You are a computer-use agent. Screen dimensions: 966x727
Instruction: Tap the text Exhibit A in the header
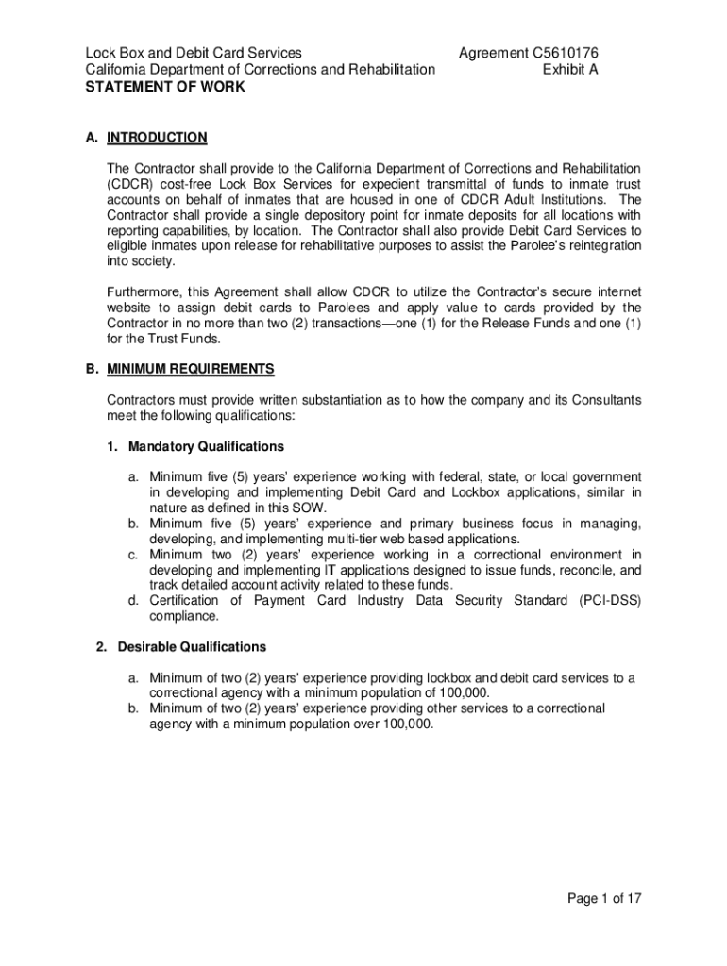click(570, 69)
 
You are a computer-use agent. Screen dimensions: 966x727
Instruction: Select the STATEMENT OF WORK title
click(165, 87)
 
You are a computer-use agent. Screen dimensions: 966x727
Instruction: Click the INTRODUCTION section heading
click(157, 138)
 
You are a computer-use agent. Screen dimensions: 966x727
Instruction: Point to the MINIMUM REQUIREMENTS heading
click(191, 369)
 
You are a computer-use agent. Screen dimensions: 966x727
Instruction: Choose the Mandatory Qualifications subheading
click(206, 446)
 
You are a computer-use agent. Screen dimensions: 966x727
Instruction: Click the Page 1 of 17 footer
click(604, 899)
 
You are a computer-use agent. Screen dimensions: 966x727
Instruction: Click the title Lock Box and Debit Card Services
click(194, 53)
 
